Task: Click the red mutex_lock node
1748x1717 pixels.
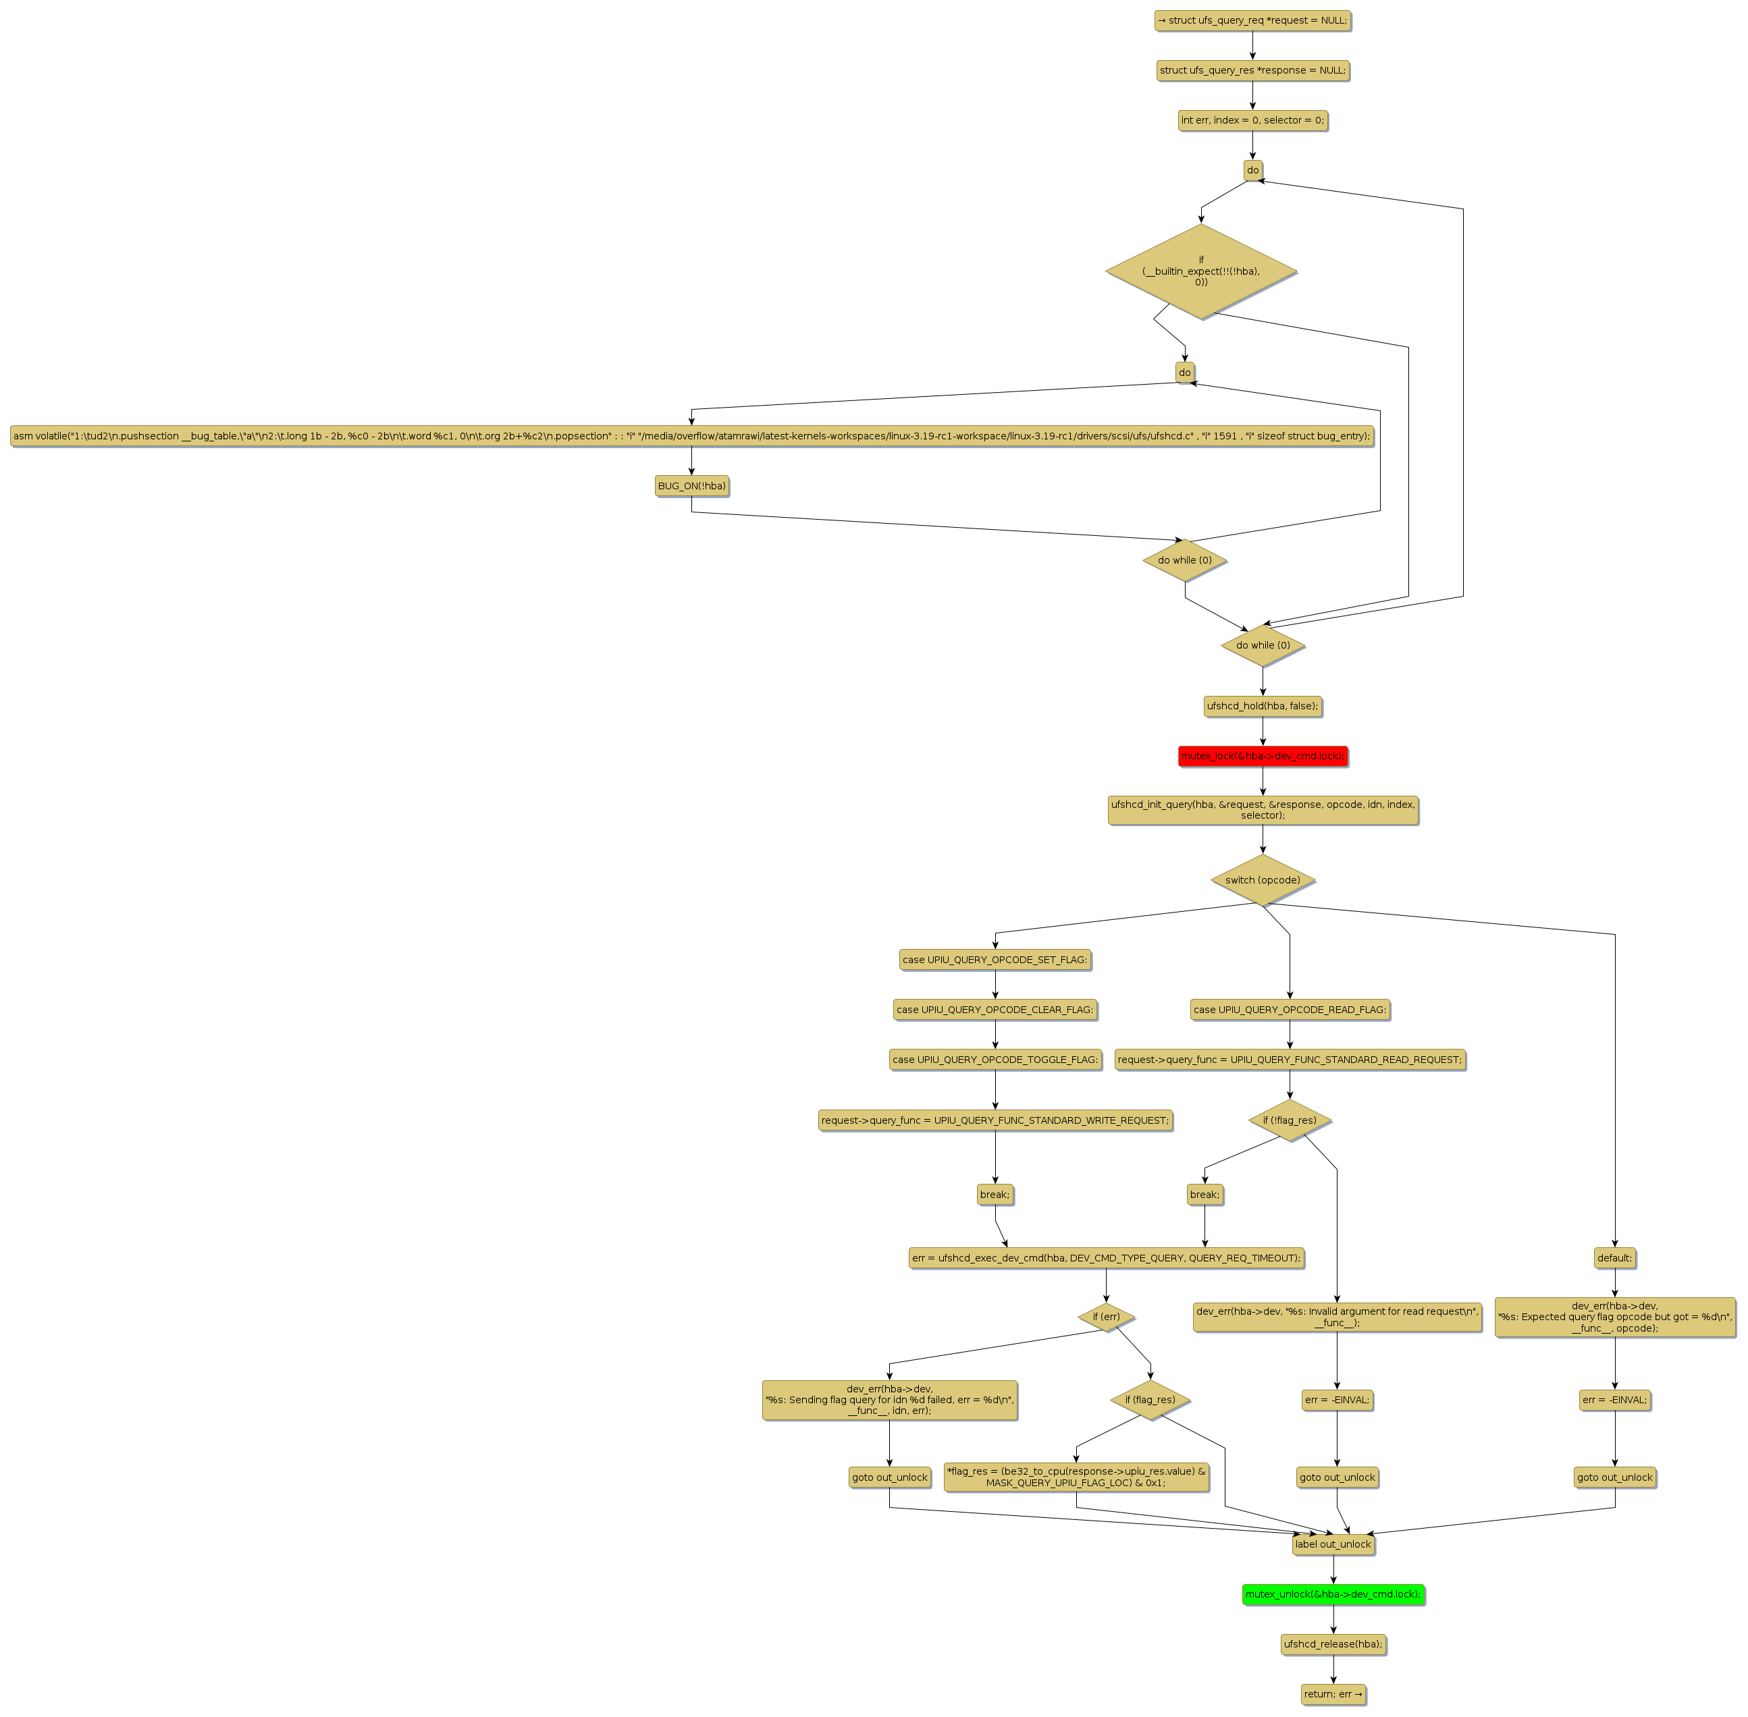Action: point(1262,756)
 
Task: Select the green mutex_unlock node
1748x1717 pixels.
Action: point(1332,1594)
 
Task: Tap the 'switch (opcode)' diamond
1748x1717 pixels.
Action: point(1262,880)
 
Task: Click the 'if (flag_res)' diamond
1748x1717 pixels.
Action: point(1150,1400)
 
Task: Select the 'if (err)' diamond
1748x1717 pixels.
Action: point(1106,1317)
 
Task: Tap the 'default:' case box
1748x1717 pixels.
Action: point(1614,1258)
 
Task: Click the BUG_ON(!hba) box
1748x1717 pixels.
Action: point(692,486)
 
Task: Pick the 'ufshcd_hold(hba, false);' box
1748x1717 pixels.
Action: point(1262,706)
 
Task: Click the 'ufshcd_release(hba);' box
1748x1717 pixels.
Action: point(1332,1644)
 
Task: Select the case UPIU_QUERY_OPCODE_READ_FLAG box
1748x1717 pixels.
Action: point(1289,1009)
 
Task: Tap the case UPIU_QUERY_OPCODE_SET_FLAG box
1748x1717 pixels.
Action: point(995,960)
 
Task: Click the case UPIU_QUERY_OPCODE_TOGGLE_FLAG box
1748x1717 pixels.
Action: point(995,1060)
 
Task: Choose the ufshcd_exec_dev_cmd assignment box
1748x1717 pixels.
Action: point(1106,1258)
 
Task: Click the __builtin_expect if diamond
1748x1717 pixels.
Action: point(1200,271)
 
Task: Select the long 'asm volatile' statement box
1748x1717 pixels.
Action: point(692,437)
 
